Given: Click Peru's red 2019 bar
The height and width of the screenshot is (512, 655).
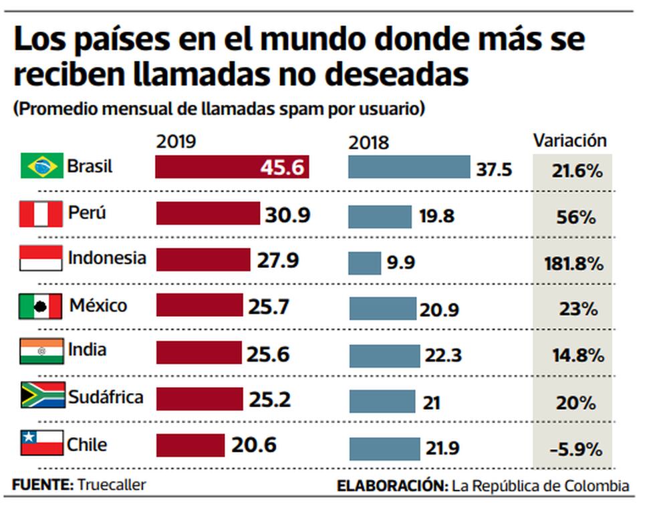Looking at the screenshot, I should [x=208, y=214].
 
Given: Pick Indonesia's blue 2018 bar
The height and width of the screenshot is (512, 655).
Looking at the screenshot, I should [x=365, y=262].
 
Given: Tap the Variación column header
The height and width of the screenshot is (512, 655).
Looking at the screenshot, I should [x=569, y=140].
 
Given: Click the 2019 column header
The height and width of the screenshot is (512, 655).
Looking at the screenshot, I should [x=176, y=142].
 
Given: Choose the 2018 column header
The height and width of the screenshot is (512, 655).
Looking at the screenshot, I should [x=368, y=142].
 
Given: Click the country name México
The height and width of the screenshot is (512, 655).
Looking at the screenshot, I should [x=98, y=306].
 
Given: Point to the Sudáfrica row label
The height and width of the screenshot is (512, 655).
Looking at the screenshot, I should [x=106, y=397].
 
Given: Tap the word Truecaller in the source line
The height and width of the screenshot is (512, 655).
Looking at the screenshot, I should [x=112, y=485].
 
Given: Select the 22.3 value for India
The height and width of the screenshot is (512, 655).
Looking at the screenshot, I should [x=442, y=356].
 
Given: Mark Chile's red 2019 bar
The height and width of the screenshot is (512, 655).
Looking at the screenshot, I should [x=191, y=445].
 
